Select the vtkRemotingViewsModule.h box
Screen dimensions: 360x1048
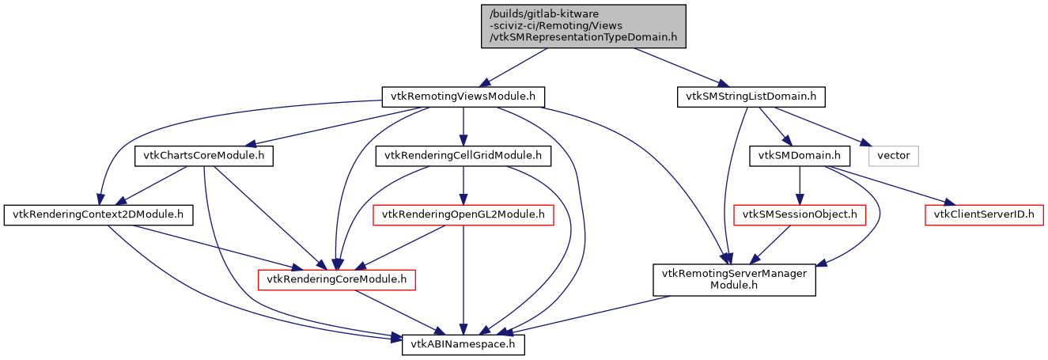[x=463, y=97]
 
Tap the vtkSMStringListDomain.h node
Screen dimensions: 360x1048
[x=751, y=97]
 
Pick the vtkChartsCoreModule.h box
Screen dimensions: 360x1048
[x=204, y=156]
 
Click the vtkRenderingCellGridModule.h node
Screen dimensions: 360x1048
[x=463, y=156]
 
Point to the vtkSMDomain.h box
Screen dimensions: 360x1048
[x=800, y=156]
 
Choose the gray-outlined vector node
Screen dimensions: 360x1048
[x=894, y=156]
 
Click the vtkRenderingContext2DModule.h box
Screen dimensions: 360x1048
[x=99, y=214]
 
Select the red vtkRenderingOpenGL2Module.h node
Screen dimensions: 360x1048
[x=463, y=214]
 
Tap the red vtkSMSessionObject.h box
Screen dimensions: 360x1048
[x=800, y=214]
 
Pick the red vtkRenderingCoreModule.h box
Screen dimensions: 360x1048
[x=337, y=279]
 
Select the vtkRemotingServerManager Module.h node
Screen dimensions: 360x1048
[x=734, y=279]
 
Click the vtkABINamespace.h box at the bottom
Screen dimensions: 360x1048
[x=463, y=345]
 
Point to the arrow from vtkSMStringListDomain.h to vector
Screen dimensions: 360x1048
[x=823, y=127]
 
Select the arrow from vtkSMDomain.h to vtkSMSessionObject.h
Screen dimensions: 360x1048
[x=800, y=185]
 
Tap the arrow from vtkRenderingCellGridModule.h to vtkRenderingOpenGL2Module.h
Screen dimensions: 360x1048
[x=463, y=185]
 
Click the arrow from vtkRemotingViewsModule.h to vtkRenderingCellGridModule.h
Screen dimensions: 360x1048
[x=463, y=127]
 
